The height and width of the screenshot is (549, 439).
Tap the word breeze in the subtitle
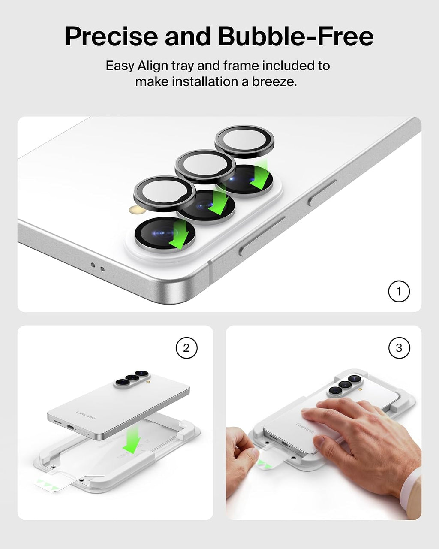coord(274,82)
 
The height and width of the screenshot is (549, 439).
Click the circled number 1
coord(399,291)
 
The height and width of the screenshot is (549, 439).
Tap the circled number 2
coord(186,348)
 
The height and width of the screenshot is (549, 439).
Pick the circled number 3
coord(399,348)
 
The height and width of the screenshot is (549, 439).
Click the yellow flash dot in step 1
coord(135,210)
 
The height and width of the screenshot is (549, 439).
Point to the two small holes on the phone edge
coord(98,267)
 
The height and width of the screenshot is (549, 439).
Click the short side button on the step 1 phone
coord(322,192)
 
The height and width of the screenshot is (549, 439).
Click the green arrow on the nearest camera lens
coord(180,235)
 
